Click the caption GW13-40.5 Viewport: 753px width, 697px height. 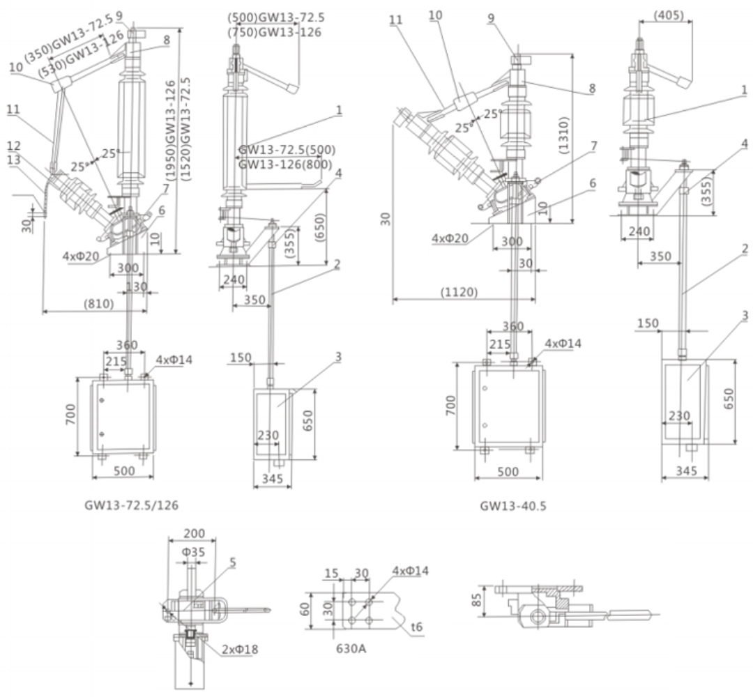click(512, 506)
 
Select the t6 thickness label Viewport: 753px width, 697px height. click(417, 627)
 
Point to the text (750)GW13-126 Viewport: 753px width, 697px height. click(275, 32)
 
